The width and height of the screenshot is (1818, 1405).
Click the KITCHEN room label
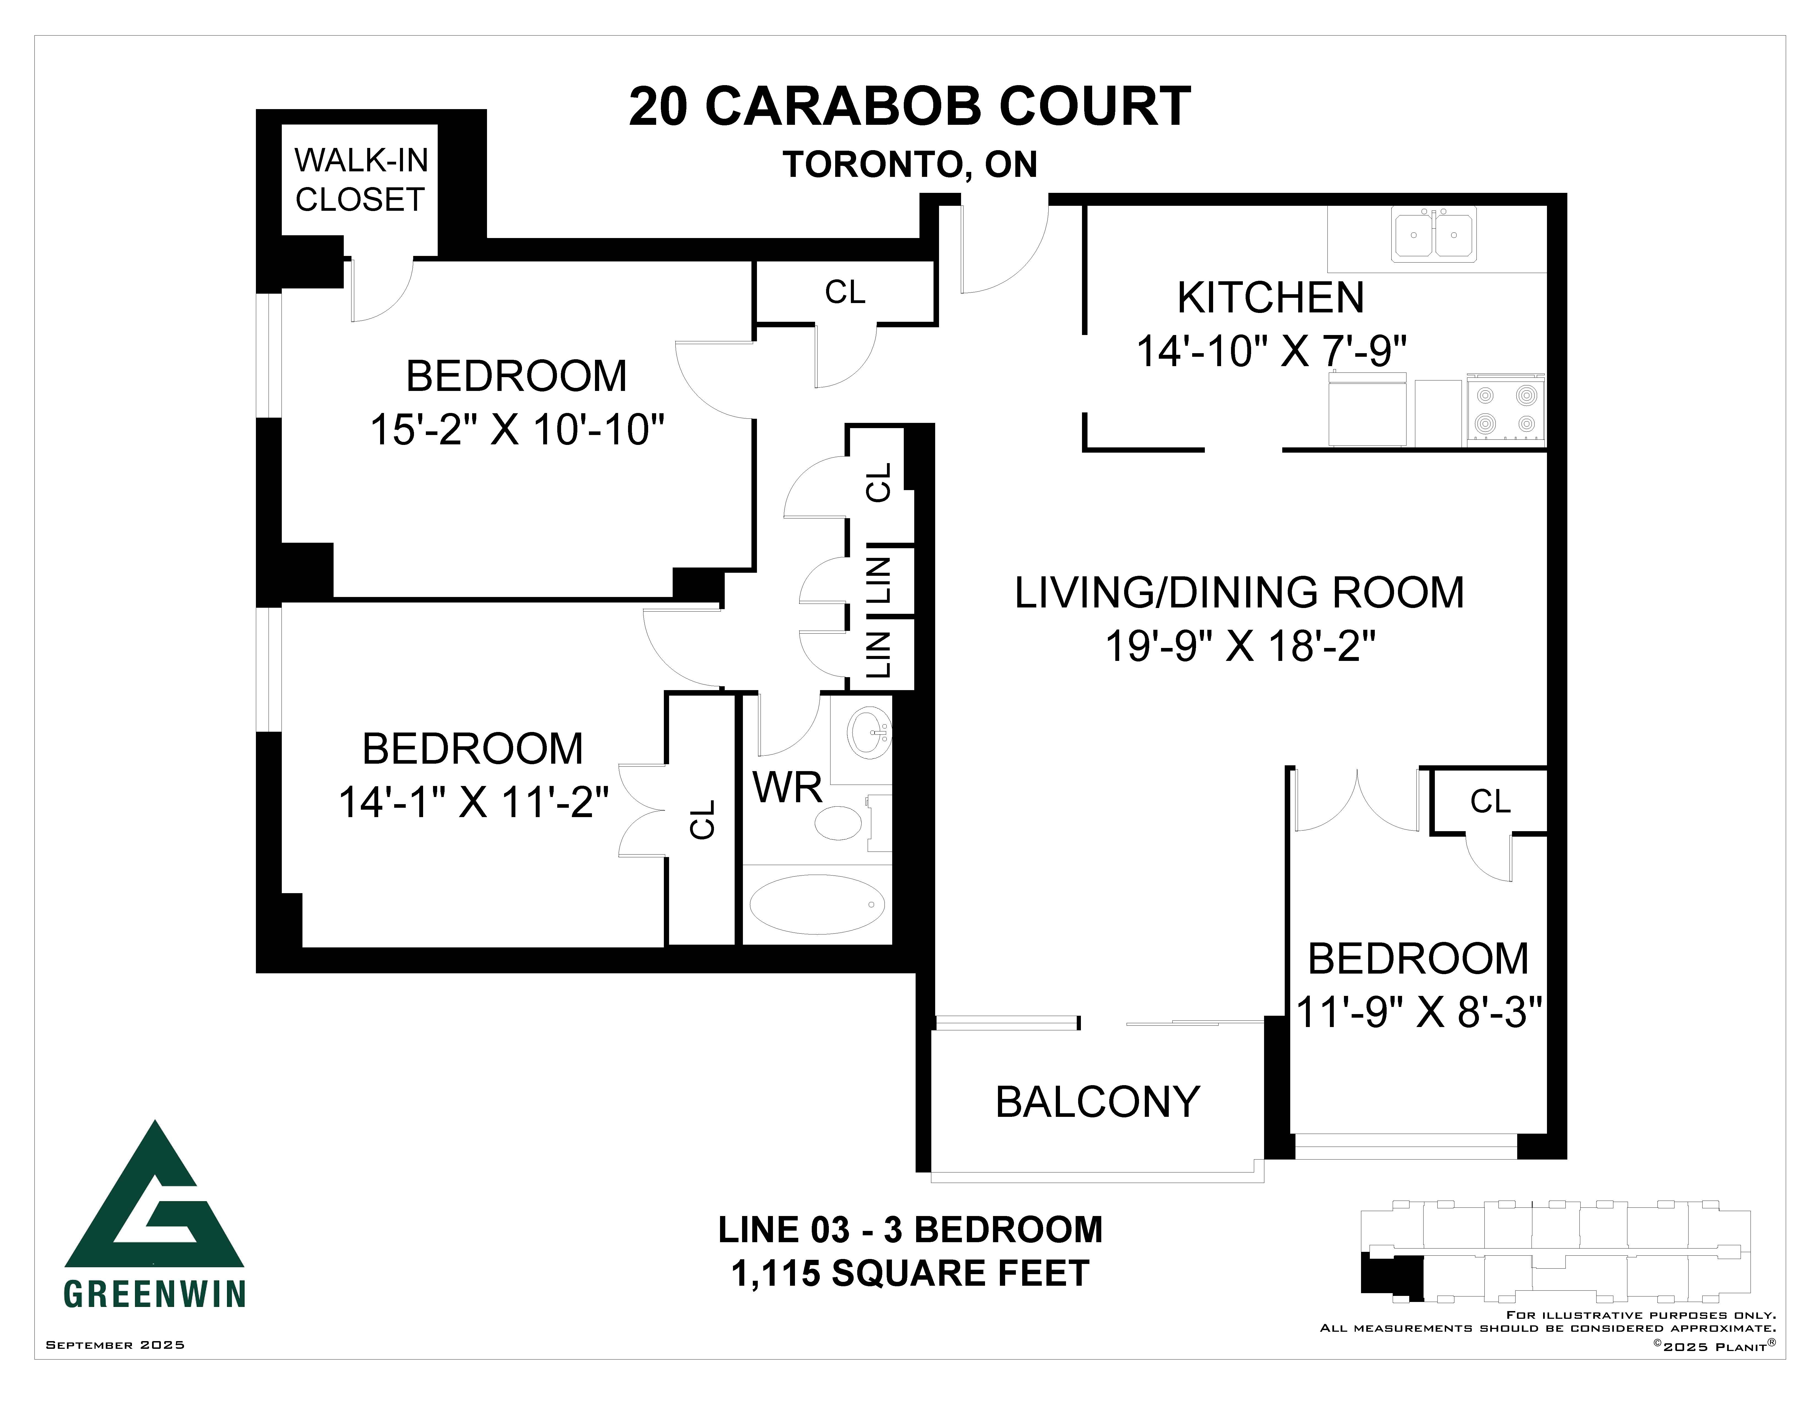click(x=1270, y=298)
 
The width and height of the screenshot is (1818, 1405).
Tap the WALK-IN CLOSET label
click(x=361, y=180)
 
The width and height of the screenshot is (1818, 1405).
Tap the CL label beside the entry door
click(x=845, y=292)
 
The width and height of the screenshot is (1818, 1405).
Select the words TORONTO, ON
click(x=910, y=165)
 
